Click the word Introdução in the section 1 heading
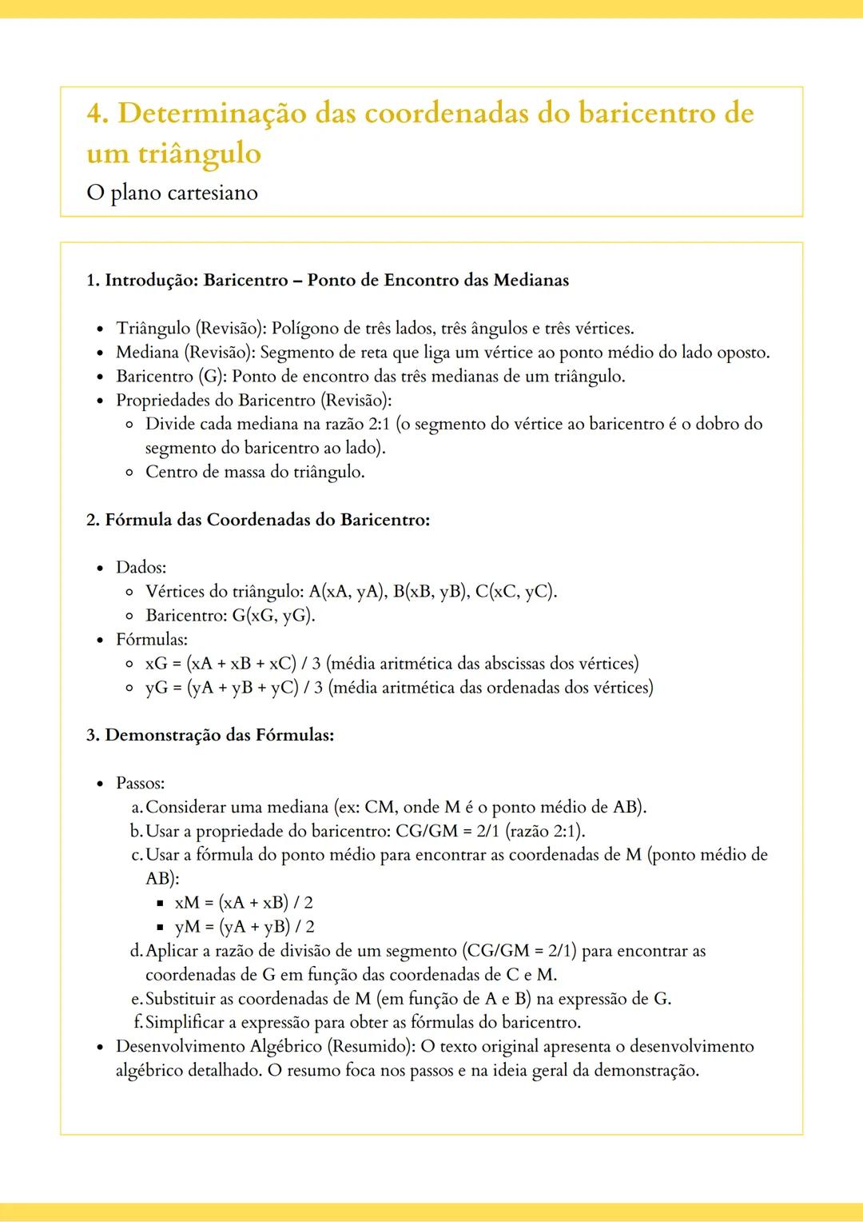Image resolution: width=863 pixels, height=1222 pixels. click(x=151, y=280)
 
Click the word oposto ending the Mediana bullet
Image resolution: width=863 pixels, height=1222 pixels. click(x=743, y=352)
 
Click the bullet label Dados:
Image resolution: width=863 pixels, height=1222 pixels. click(x=141, y=567)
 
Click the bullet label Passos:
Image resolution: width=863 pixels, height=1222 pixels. click(x=140, y=783)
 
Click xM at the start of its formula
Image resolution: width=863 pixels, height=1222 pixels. click(x=187, y=902)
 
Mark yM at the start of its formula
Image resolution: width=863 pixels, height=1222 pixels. click(x=188, y=926)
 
